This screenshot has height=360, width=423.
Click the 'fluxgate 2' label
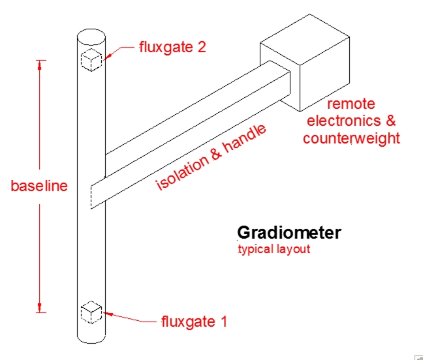click(172, 47)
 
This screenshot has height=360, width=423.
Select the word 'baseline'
click(39, 186)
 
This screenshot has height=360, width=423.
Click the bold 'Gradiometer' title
click(289, 233)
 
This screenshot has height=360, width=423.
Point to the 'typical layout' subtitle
click(274, 249)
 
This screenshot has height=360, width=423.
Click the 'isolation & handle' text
click(211, 157)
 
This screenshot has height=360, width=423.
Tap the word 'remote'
click(351, 104)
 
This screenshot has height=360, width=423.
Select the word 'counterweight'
click(351, 138)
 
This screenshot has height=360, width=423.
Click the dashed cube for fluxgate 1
click(91, 312)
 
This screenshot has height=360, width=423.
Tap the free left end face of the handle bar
click(97, 192)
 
